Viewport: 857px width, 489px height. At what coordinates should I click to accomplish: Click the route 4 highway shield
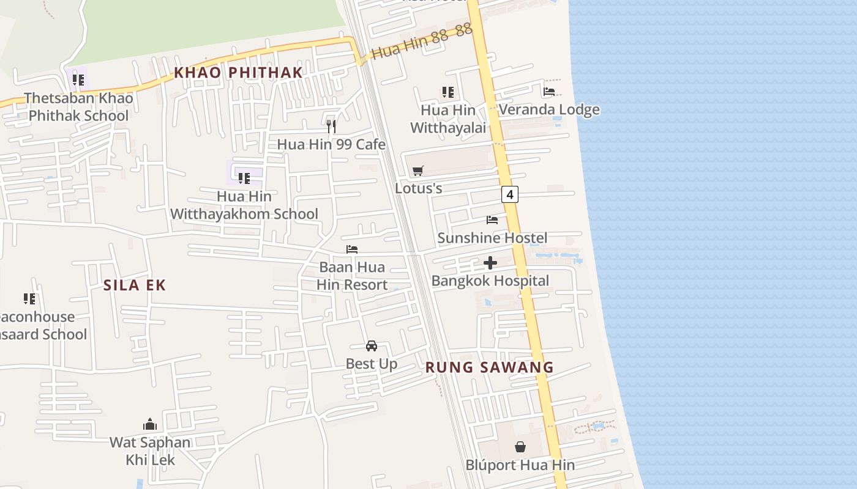coord(509,194)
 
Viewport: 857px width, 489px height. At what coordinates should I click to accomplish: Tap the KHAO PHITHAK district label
coord(238,72)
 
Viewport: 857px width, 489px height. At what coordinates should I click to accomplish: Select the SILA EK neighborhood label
coord(134,285)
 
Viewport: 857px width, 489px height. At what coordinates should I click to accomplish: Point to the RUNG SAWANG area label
coord(489,367)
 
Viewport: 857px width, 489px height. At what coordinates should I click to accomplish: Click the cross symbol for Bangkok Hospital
coord(490,263)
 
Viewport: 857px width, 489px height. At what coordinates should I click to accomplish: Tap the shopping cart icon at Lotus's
coord(418,171)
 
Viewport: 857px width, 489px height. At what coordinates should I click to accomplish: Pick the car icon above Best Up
coord(372,346)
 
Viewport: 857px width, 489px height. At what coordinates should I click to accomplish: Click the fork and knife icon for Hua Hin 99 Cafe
coord(331,127)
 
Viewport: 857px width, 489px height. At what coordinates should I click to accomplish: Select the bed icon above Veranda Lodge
coord(549,92)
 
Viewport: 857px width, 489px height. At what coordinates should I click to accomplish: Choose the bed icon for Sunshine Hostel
coord(492,220)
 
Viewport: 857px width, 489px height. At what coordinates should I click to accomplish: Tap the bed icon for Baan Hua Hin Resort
coord(352,249)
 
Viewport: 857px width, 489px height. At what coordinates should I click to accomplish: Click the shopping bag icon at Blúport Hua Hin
coord(520,447)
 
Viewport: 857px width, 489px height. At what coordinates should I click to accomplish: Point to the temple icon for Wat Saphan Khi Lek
coord(150,424)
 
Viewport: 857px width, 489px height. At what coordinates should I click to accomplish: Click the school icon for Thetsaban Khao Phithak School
coord(78,79)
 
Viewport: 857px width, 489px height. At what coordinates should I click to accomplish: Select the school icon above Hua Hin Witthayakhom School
coord(244,178)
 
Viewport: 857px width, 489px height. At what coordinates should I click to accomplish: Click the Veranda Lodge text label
coord(549,109)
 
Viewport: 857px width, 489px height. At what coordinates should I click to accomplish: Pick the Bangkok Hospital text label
coord(490,281)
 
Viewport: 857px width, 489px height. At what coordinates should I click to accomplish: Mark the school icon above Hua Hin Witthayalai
coord(448,92)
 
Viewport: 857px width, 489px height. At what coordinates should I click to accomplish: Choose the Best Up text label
coord(372,364)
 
